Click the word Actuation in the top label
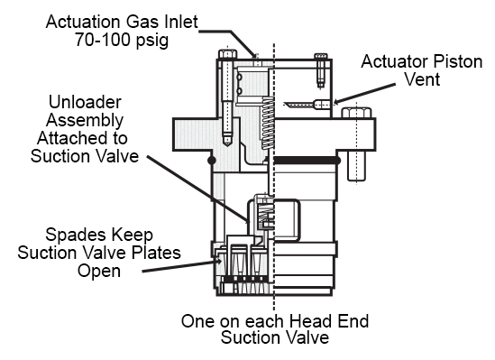pyautogui.click(x=83, y=22)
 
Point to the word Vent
pyautogui.click(x=422, y=79)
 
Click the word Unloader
pyautogui.click(x=85, y=102)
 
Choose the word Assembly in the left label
pyautogui.click(x=85, y=121)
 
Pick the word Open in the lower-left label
pyautogui.click(x=99, y=272)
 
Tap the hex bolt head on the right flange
pyautogui.click(x=357, y=113)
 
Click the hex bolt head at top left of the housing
pyautogui.click(x=227, y=54)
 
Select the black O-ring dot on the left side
pyautogui.click(x=212, y=161)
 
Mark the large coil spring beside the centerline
pyautogui.click(x=268, y=123)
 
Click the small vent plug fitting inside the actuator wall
pyautogui.click(x=321, y=104)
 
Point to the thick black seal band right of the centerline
pyautogui.click(x=307, y=161)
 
